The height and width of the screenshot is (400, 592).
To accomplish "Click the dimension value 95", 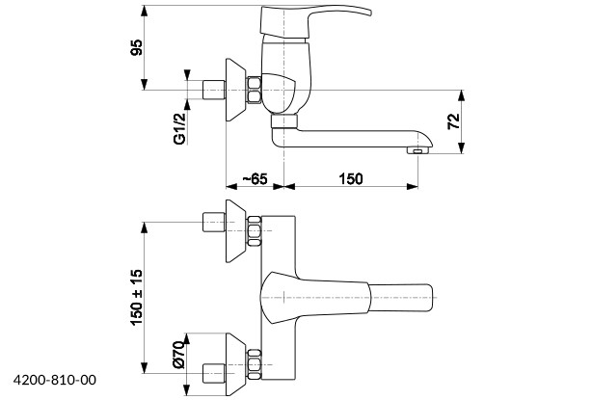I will pyautogui.click(x=138, y=48).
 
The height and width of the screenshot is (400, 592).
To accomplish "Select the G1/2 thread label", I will pyautogui.click(x=179, y=126).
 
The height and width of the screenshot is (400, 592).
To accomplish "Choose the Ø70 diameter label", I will pyautogui.click(x=179, y=358).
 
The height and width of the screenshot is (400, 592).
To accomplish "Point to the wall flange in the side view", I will pyautogui.click(x=234, y=92).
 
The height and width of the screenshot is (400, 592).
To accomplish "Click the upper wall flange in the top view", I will pyautogui.click(x=234, y=232).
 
